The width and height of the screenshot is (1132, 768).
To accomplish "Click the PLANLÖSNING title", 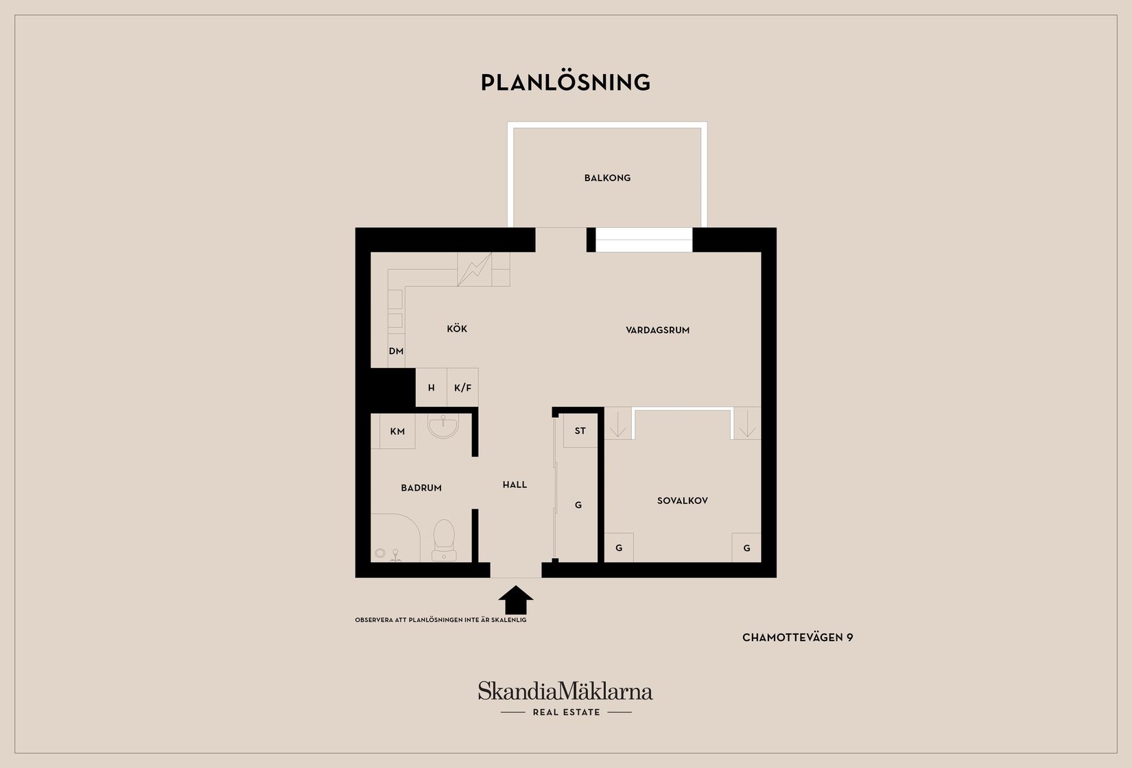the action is coord(565,82).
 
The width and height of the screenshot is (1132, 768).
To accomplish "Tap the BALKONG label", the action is coord(607,178).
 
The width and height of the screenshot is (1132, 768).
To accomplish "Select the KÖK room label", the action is coord(457,329).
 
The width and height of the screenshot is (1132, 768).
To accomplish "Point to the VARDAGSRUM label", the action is coord(657,330).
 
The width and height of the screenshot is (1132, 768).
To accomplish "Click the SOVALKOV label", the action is coord(682,500).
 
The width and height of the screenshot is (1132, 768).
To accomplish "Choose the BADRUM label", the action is coord(421,488).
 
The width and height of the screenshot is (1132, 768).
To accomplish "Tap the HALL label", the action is coord(515,485).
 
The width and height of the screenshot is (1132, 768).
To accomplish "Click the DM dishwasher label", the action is coord(397,351).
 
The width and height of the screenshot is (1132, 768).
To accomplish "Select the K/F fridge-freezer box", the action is coord(462,387).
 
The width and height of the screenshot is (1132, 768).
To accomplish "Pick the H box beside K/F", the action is coord(431,387).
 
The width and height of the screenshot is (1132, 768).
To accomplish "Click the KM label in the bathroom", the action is coord(397,431).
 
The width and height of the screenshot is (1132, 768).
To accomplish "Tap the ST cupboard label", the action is coord(580,431).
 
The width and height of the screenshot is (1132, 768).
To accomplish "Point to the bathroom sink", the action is coord(443,426).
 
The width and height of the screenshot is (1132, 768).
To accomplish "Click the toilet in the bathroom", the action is coord(444,540).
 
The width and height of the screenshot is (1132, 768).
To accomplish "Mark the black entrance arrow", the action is coord(515,600).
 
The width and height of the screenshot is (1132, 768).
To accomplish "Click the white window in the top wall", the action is coord(644,240).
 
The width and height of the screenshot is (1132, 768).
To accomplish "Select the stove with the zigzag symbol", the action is coord(475,270).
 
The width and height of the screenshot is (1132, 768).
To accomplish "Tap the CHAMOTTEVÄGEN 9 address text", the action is coord(797,638).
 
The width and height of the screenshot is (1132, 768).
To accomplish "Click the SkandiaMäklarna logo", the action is coord(565,698).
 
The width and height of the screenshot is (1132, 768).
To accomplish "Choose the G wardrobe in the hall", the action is coord(578,504).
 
